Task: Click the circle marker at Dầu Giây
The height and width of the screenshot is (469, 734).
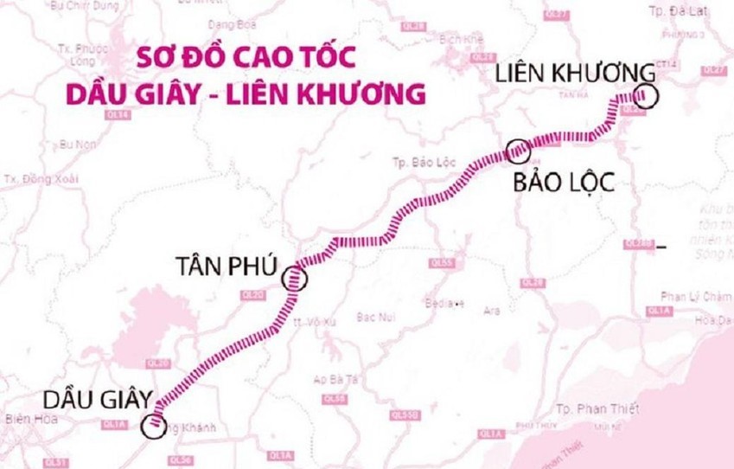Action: tap(154, 424)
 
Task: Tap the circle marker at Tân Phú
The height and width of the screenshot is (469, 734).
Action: tap(296, 278)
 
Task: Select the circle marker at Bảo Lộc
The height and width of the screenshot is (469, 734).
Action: tap(518, 151)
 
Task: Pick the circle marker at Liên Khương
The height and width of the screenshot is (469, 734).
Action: tap(645, 96)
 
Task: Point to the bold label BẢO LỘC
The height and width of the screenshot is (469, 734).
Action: tap(563, 183)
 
